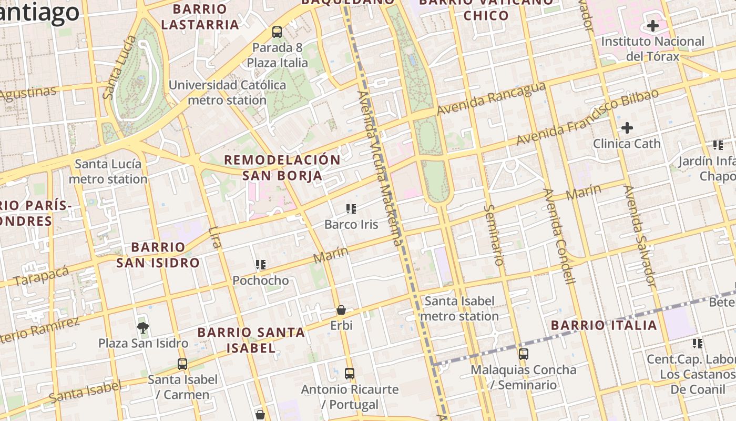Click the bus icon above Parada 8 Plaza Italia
277,32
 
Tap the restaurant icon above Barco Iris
351,209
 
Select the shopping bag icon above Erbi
341,310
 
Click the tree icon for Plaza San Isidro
142,328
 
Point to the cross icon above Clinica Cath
627,127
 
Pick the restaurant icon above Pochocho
261,264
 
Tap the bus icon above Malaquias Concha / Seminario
523,354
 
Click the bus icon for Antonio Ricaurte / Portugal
350,374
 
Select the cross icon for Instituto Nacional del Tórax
652,25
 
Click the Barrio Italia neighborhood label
604,325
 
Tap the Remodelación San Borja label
283,167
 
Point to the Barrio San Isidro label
158,255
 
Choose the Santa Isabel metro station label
459,308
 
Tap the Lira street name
215,237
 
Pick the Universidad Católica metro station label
227,92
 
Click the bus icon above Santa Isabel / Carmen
182,364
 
